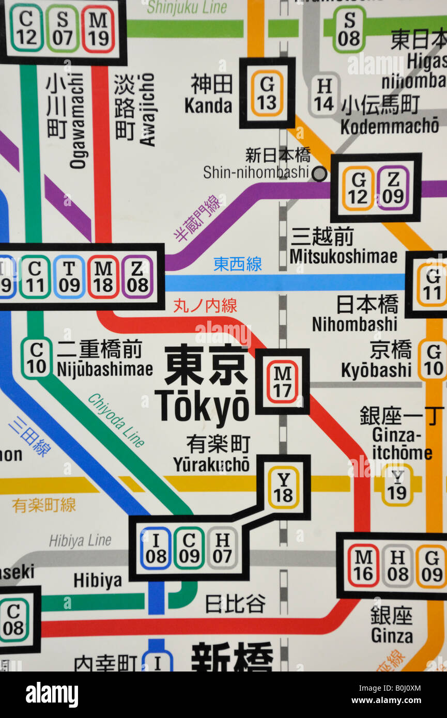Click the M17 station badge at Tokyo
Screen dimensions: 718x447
pos(282,382)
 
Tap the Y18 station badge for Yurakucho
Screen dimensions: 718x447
pos(283,488)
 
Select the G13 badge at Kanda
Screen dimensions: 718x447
pos(267,93)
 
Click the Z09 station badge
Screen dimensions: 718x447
pos(393,188)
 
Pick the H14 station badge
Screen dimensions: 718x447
pos(324,95)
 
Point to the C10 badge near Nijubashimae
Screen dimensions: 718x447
pos(36,358)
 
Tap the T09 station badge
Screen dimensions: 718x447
pos(69,277)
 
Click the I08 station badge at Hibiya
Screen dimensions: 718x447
pos(156,548)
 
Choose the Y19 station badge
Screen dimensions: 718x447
pos(397,485)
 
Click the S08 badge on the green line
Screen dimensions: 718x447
pos(349,29)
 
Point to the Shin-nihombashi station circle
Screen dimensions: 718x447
pos(319,174)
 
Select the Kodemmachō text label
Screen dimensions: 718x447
pos(390,126)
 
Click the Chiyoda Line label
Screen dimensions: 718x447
pos(116,420)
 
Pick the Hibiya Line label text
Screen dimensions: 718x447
pos(80,541)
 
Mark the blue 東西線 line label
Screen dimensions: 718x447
pos(238,264)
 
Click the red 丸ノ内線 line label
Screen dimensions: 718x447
pos(205,305)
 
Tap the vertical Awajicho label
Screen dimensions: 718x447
pos(147,110)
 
